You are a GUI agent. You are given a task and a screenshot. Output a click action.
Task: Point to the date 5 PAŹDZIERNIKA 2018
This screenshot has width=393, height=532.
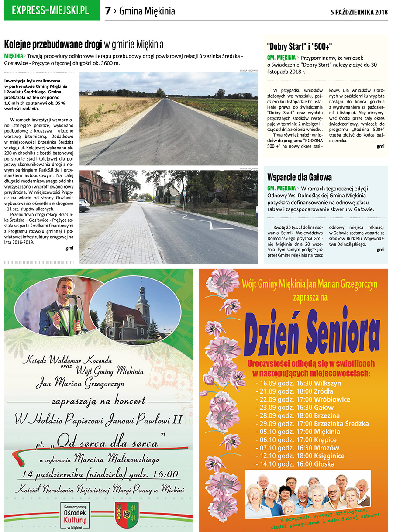click(x=359, y=12)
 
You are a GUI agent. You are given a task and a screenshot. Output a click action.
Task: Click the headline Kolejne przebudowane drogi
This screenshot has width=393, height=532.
click(x=53, y=44)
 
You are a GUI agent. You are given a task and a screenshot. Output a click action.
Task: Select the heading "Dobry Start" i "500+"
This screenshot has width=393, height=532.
click(x=300, y=47)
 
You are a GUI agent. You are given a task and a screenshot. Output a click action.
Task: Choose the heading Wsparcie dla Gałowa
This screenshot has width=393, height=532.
click(x=299, y=177)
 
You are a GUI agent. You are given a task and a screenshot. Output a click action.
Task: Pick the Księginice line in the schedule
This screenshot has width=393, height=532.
click(x=300, y=456)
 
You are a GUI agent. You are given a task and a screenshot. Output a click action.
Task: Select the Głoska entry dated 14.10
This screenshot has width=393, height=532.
click(x=295, y=464)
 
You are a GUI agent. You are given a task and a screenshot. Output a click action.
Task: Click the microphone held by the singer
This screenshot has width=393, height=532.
click(x=72, y=297)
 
